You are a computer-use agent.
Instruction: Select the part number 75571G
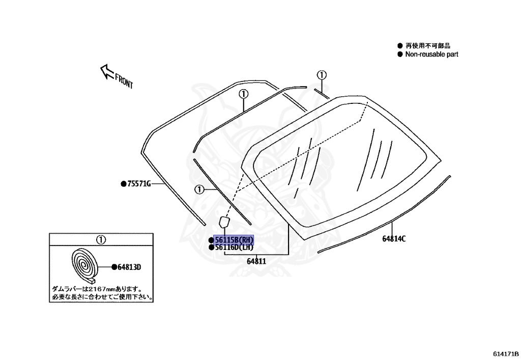(139, 184)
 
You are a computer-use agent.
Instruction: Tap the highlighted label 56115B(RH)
(234, 240)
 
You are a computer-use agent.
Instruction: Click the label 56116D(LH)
(234, 247)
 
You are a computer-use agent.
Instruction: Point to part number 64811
(257, 261)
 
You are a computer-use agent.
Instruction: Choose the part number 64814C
(394, 239)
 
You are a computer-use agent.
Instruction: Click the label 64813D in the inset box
(129, 267)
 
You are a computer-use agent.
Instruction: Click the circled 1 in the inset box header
(101, 239)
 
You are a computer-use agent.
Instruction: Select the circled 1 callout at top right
(321, 75)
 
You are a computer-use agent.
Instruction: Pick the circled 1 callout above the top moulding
(243, 94)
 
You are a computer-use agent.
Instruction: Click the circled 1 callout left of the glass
(199, 189)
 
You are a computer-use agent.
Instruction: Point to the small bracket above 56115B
(224, 222)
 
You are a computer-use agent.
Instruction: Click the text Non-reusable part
(431, 54)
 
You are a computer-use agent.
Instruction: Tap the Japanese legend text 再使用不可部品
(428, 46)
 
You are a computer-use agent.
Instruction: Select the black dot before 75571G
(123, 184)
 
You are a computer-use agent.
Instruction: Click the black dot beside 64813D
(113, 267)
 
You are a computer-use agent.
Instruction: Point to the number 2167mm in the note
(98, 288)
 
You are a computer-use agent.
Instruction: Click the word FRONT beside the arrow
(124, 81)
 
